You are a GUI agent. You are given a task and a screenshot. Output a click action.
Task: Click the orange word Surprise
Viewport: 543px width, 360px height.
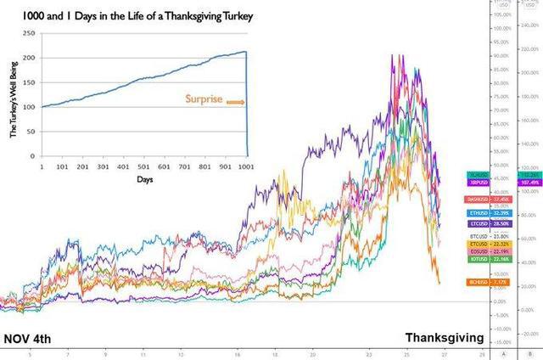click(x=204, y=99)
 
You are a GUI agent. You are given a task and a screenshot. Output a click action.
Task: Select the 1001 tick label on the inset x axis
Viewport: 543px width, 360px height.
click(x=246, y=166)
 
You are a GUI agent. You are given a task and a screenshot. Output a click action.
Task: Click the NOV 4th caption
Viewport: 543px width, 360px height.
click(x=28, y=338)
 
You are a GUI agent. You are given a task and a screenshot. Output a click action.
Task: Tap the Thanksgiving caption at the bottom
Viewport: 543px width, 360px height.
click(x=444, y=337)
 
